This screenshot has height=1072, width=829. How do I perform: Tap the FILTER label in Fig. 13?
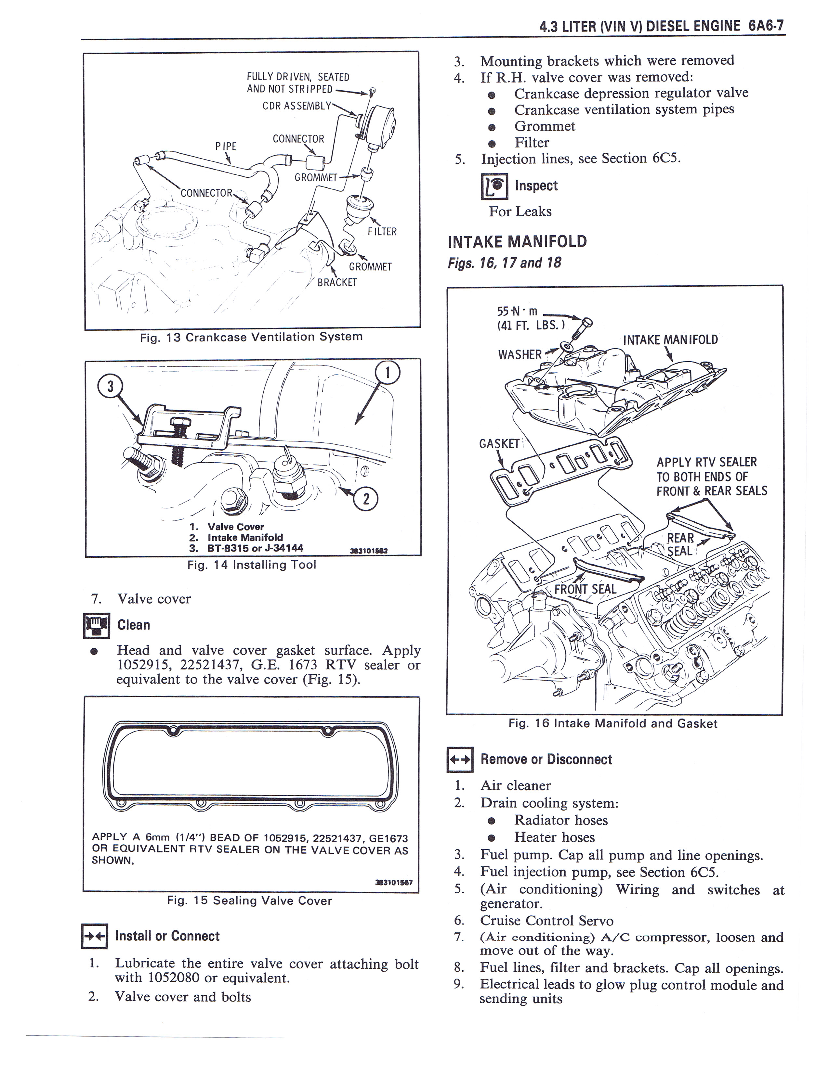[382, 231]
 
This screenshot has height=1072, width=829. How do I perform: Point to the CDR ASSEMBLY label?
[296, 106]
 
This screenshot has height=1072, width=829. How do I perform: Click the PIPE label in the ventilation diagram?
[226, 146]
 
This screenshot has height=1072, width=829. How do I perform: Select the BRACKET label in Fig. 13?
[337, 282]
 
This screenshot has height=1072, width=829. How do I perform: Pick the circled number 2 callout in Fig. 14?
[366, 500]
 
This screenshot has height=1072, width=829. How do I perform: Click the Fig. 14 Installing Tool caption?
[251, 565]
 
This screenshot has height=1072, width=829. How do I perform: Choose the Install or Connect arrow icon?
[94, 937]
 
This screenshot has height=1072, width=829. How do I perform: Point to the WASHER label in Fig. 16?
[520, 354]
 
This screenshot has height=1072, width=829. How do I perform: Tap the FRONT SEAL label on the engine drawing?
[585, 589]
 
